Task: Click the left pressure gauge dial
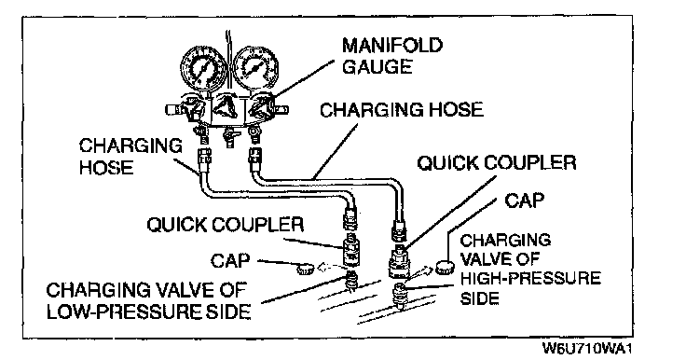pyautogui.click(x=203, y=68)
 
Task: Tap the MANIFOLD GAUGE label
pyautogui.click(x=392, y=56)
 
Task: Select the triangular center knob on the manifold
pyautogui.click(x=228, y=106)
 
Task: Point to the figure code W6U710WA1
pyautogui.click(x=587, y=349)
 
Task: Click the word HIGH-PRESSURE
pyautogui.click(x=530, y=278)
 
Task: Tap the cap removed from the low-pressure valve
pyautogui.click(x=306, y=268)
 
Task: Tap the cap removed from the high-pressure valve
pyautogui.click(x=445, y=267)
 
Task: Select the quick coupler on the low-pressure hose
pyautogui.click(x=350, y=248)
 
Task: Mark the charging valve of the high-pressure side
pyautogui.click(x=400, y=295)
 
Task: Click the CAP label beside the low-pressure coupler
pyautogui.click(x=230, y=261)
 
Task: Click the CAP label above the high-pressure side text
pyautogui.click(x=524, y=201)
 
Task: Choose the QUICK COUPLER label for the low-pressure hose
pyautogui.click(x=226, y=225)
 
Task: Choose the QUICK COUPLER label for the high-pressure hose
pyautogui.click(x=497, y=163)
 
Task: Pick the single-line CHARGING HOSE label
pyautogui.click(x=402, y=109)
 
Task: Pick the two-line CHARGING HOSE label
pyautogui.click(x=130, y=157)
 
